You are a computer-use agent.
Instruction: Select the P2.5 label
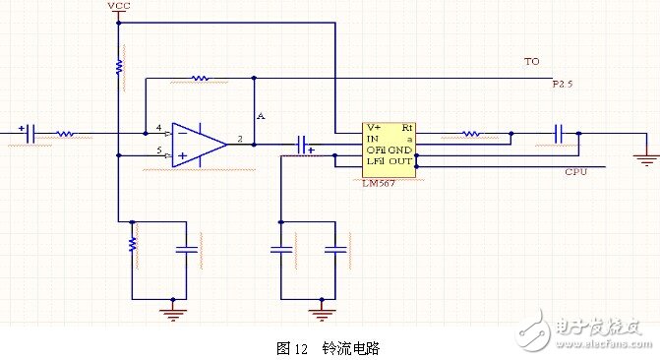coord(561,86)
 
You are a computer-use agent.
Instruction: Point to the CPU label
coord(576,172)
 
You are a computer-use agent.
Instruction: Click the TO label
coord(531,61)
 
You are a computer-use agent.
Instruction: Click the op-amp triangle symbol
coord(197,144)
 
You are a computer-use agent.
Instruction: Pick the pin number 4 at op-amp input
coord(158,128)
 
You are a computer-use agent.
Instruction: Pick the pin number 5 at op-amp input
coord(158,150)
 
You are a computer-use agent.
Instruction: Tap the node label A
coord(261,116)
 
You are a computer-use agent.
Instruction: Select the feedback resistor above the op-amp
coord(200,77)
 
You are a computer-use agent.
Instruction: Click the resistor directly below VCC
coord(118,66)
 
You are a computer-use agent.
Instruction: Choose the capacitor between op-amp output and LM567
coord(303,145)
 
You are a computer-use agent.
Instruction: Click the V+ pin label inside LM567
coord(374,128)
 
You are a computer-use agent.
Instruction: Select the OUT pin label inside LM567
coord(400,160)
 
